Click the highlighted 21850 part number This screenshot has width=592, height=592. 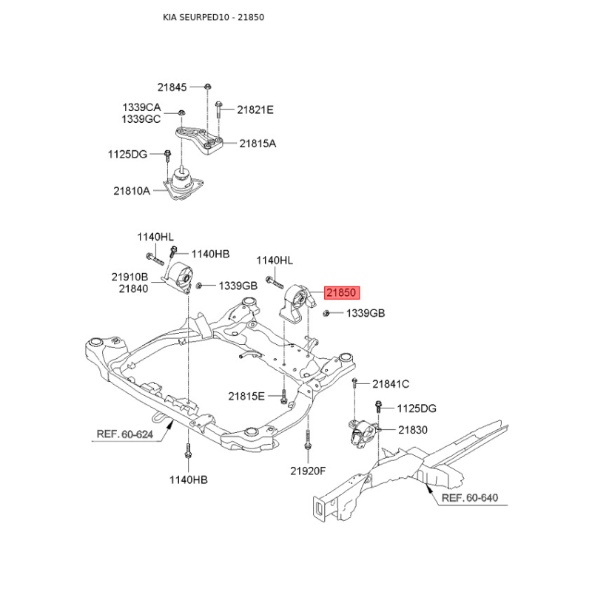tap(342, 292)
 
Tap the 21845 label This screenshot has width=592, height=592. tap(172, 87)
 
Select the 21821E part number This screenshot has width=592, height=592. tap(255, 110)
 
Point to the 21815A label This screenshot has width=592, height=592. tap(258, 144)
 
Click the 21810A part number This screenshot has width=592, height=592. tap(132, 191)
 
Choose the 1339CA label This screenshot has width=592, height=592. tap(141, 107)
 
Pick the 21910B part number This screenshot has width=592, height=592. tap(130, 277)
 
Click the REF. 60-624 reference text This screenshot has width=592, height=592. tap(125, 434)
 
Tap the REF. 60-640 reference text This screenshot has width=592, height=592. tap(470, 497)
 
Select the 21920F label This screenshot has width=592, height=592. tap(308, 471)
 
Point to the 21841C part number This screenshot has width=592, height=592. tap(391, 384)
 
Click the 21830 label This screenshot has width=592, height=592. tap(413, 430)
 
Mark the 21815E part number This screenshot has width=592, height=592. tap(246, 396)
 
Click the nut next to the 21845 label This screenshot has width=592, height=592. tap(207, 87)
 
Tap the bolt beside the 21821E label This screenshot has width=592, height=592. tap(218, 110)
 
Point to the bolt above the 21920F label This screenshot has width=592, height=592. tap(308, 440)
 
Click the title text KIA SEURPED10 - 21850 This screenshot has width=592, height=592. tap(214, 17)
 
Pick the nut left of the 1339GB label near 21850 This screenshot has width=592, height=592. tap(326, 313)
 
